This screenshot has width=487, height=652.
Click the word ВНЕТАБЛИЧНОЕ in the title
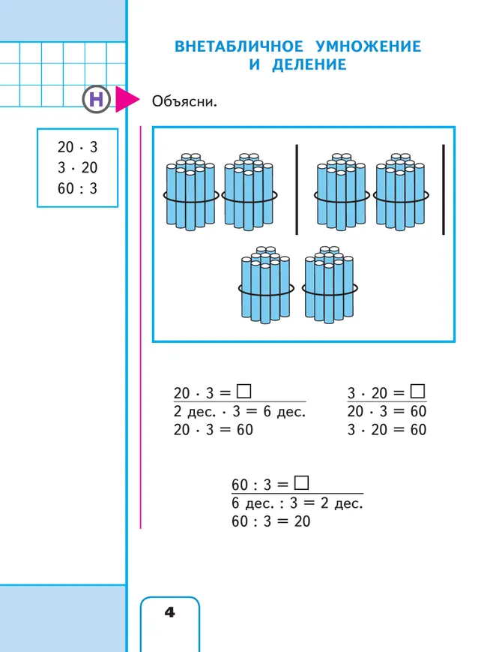[239, 47]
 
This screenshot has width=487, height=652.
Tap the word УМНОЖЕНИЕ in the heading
[369, 47]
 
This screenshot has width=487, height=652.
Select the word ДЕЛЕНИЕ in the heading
[309, 65]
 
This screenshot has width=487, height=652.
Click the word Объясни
[184, 101]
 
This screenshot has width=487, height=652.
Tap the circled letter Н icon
[97, 99]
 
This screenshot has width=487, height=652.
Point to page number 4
[170, 612]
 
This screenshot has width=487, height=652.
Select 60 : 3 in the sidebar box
[78, 188]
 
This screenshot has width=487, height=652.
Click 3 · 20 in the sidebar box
[78, 167]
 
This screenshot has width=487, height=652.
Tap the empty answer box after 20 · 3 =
[243, 392]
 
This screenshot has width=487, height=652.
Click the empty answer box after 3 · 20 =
[417, 392]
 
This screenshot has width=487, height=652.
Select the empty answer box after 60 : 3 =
[301, 482]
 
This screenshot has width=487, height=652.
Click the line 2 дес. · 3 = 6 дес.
[240, 411]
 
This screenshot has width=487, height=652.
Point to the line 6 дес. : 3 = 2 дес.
[297, 503]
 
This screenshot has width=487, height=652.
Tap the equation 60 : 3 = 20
[270, 521]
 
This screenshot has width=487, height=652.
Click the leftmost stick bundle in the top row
[191, 192]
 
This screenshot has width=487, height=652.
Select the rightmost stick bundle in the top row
[401, 192]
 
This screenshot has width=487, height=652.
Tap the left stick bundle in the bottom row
[266, 285]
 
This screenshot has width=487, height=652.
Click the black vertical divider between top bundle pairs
[297, 190]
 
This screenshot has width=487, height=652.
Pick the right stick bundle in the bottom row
[330, 285]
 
